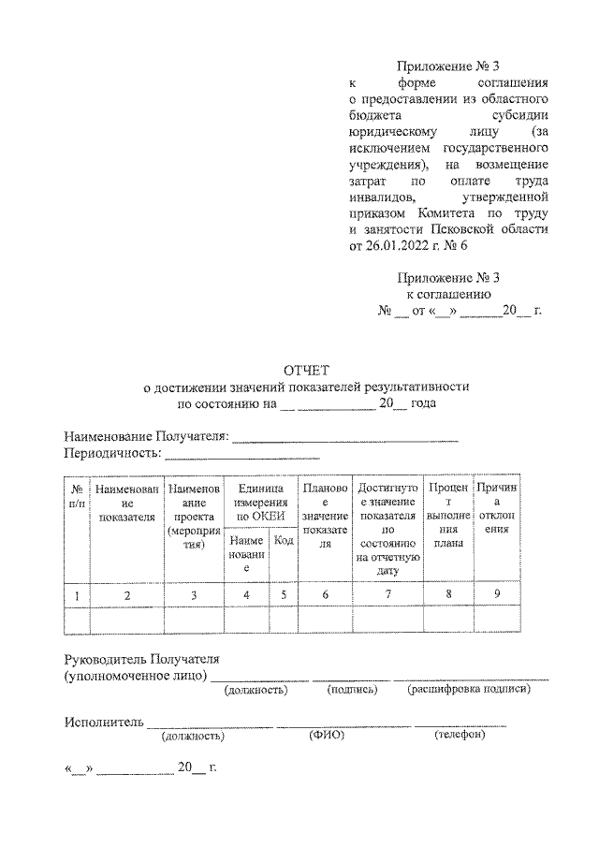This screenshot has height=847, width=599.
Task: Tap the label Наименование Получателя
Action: point(146,437)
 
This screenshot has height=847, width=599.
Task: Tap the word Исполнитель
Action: point(104,722)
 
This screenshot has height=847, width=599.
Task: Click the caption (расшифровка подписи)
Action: point(469,690)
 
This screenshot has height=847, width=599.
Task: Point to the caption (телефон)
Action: point(460,736)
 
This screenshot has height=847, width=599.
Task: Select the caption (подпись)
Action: point(352,690)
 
